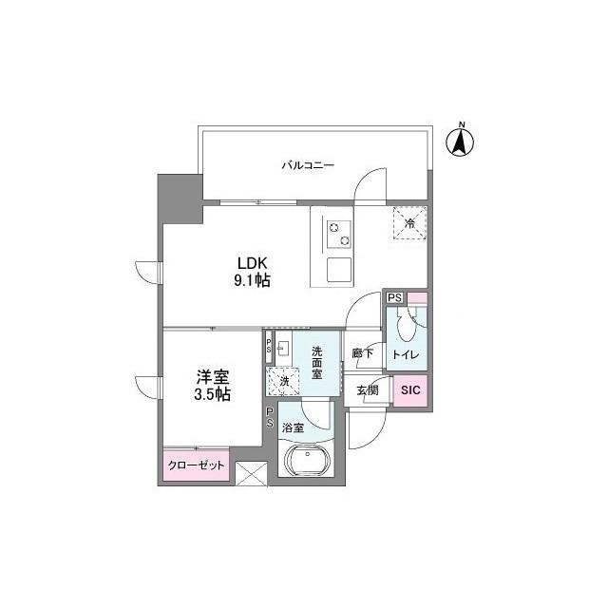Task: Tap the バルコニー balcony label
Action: point(307,165)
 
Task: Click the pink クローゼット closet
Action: point(197,465)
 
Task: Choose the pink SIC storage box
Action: point(410,389)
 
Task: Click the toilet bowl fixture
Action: point(406,328)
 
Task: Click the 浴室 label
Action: point(293,428)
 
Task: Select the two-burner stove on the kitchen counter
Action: point(338,233)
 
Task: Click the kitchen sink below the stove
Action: point(338,269)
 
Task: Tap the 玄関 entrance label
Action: point(368,390)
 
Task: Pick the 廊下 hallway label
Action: point(362,352)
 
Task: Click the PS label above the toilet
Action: point(394,298)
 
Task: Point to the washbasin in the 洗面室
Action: point(283,348)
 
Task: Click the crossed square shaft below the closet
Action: point(252,473)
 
